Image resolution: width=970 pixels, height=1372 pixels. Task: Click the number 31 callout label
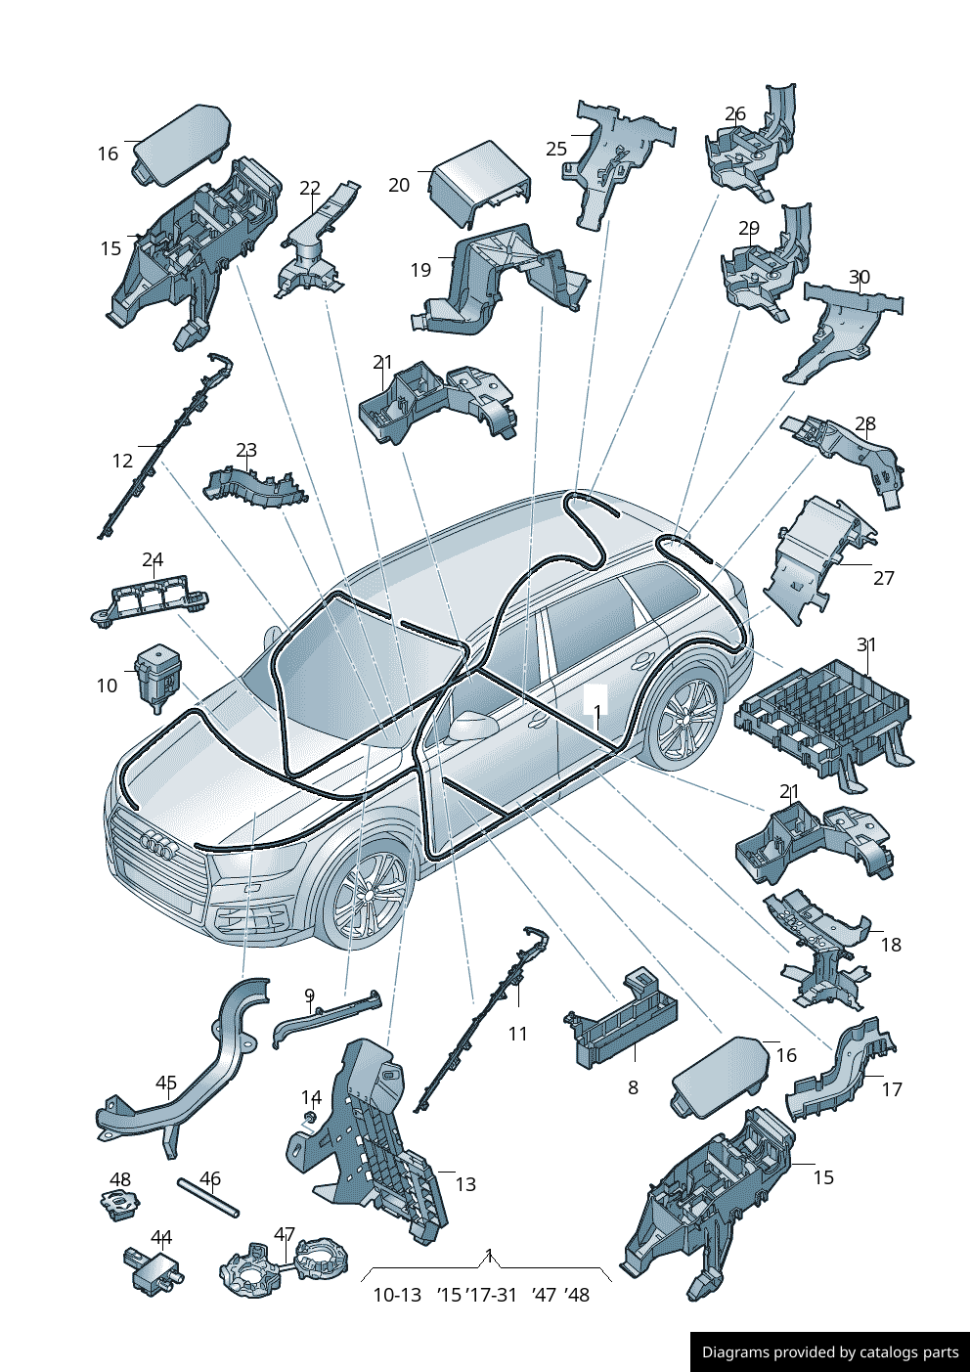(x=866, y=644)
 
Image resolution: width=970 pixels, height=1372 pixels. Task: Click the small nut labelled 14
(x=310, y=1118)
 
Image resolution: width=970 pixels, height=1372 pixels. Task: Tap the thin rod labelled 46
(x=208, y=1198)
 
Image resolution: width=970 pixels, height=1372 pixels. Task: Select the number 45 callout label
(x=166, y=1083)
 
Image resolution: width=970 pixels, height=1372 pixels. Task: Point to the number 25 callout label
(x=555, y=149)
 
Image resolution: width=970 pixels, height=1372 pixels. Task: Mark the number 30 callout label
(x=859, y=277)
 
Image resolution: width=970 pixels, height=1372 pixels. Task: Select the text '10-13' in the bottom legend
(x=397, y=1295)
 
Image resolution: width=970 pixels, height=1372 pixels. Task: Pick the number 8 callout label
(x=633, y=1087)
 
